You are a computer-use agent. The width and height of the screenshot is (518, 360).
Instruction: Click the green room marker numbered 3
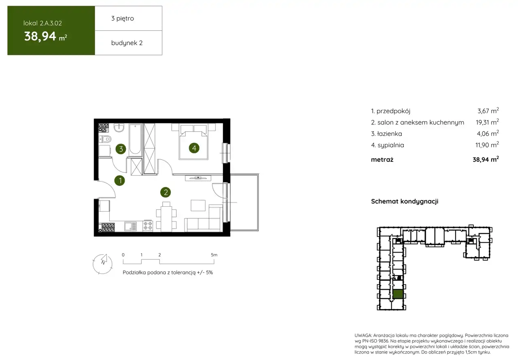pos(121,149)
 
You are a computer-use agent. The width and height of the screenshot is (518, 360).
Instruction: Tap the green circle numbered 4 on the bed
pos(194,148)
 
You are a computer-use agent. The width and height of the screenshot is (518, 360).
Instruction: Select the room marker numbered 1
pos(119,180)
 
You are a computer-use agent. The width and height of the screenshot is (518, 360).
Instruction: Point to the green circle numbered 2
pos(166,192)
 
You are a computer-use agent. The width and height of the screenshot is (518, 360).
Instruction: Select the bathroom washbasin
pos(119,128)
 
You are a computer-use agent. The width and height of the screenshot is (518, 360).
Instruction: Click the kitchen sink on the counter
pos(131,227)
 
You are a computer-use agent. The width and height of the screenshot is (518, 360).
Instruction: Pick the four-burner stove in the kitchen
pos(148,226)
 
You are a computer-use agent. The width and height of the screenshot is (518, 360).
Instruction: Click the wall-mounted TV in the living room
pos(198,178)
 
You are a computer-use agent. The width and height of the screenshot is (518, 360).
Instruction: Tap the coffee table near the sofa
pos(198,205)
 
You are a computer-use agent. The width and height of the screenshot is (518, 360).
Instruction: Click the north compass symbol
pos(103,264)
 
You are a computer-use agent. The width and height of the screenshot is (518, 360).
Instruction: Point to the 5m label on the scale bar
pos(214,255)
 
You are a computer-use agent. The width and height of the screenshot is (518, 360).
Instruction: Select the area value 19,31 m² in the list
pos(487,122)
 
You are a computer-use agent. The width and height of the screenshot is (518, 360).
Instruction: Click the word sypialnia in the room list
pos(391,145)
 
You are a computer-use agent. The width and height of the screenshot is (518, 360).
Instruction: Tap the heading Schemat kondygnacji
pos(405,201)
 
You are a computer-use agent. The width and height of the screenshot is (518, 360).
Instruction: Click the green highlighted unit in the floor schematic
pos(398,294)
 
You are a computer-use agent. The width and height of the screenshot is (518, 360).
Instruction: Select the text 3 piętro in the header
pos(123,19)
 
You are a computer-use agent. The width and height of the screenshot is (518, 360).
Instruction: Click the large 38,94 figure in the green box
pos(40,36)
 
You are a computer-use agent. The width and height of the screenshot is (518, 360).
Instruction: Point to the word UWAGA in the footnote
pos(363,335)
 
